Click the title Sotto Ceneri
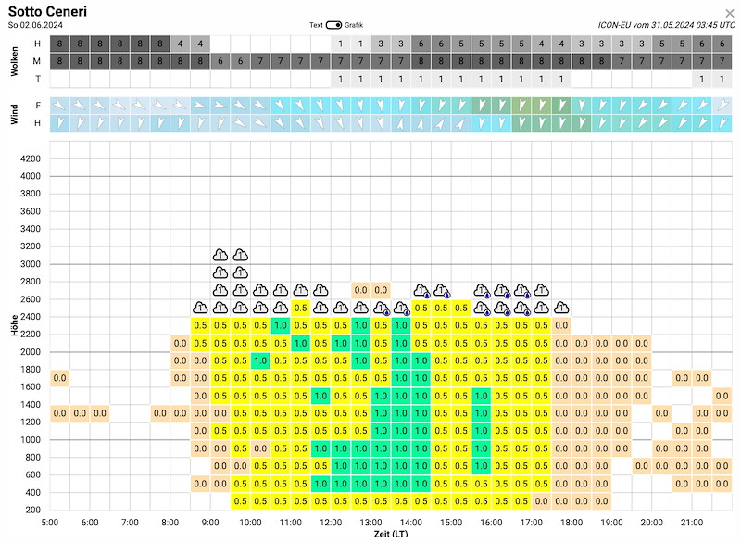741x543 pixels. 48,11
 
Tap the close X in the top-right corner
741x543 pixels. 730,13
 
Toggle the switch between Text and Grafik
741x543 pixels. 333,25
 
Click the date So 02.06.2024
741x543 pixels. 35,25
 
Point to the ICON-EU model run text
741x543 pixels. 666,25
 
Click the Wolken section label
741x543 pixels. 15,61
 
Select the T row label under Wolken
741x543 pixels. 37,79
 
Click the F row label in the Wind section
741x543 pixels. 37,105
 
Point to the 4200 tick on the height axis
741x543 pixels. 31,158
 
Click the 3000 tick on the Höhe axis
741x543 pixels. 31,264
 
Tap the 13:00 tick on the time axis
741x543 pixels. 371,523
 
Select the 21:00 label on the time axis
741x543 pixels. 692,523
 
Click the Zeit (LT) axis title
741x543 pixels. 391,534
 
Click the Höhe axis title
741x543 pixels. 15,325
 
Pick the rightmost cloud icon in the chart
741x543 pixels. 561,309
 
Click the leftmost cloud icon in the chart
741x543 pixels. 200,309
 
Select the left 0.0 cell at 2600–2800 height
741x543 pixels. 361,290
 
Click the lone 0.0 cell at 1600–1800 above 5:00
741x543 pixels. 60,378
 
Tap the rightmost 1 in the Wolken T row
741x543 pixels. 722,79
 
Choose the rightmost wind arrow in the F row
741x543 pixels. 722,105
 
